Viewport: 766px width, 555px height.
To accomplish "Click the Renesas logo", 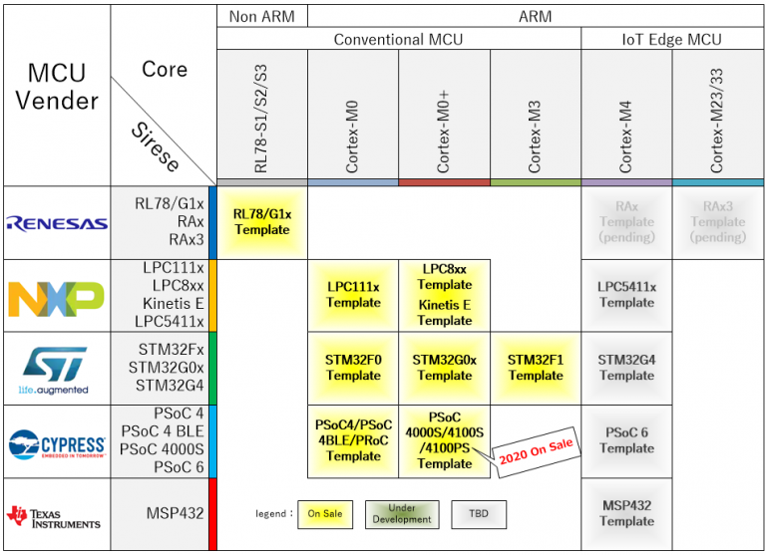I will pos(56,223).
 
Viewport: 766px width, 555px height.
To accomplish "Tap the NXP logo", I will pos(56,296).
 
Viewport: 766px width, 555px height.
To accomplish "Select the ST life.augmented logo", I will pos(56,370).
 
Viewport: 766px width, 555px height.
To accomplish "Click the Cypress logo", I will pos(56,442).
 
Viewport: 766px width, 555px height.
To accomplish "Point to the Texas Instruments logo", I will pos(56,515).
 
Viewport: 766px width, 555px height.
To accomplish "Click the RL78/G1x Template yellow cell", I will pos(262,222).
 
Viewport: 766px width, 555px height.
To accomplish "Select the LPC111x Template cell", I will pos(353,295).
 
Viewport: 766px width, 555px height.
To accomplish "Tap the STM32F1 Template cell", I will pos(536,368).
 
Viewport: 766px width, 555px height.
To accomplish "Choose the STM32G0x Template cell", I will pos(445,368).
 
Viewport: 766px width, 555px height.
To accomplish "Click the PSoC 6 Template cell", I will pos(626,440).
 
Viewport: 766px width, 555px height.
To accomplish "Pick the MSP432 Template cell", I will pos(626,513).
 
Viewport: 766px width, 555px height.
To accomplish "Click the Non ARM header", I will pos(262,16).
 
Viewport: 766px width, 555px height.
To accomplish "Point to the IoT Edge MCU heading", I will pos(671,40).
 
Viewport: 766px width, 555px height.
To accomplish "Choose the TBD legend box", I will pos(480,513).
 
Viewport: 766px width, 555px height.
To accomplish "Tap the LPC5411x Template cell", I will pos(626,295).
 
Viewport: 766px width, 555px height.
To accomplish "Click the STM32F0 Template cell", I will pos(353,368).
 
